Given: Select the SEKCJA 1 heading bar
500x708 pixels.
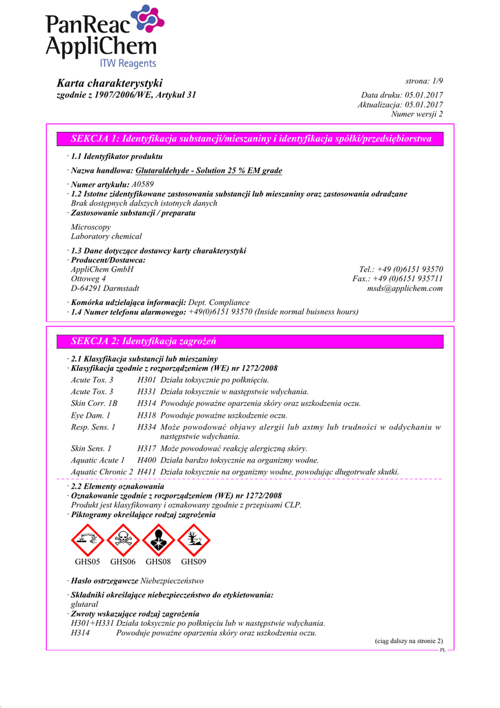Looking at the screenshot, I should [251, 139].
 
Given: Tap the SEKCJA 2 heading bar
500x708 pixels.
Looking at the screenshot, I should [251, 341].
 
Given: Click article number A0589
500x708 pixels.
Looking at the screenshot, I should [142, 184].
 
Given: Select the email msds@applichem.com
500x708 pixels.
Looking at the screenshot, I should [405, 288].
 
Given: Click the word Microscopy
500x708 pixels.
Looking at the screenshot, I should [90, 227].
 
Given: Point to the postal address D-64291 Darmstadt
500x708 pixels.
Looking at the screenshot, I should [105, 288].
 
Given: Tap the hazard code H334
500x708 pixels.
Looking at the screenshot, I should [146, 427].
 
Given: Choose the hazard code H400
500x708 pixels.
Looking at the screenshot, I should [146, 460].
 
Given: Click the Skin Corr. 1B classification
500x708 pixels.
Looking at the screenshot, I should [95, 402].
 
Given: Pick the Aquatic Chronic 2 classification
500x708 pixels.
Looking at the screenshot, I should [102, 472].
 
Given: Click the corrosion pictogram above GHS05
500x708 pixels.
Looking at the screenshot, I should [88, 540].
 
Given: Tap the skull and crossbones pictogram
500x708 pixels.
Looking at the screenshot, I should [123, 540].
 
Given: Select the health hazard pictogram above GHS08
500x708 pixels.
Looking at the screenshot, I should [158, 540].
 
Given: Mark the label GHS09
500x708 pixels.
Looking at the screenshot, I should [193, 562].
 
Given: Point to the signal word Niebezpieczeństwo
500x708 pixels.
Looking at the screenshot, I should [172, 580].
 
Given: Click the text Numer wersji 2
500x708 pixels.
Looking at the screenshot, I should [417, 114].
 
